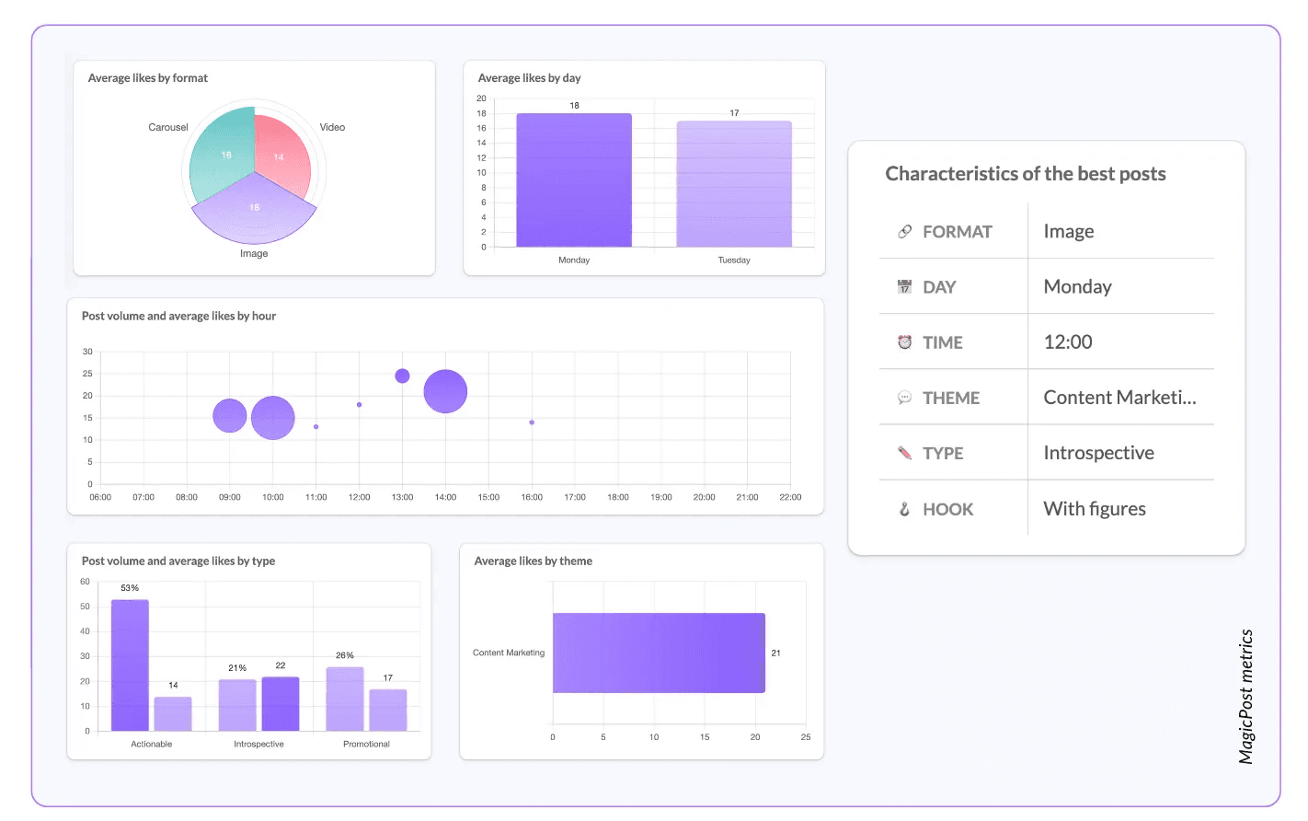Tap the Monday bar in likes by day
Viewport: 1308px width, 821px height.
(x=574, y=180)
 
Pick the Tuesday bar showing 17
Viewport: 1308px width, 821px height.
(x=734, y=184)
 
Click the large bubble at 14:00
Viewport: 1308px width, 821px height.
(x=445, y=391)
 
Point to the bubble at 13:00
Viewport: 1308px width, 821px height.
(x=402, y=376)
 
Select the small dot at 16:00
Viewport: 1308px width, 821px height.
(x=532, y=422)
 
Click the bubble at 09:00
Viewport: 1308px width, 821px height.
(x=229, y=415)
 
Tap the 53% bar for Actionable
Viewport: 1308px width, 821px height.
(x=131, y=665)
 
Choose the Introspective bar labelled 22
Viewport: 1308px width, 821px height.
(x=281, y=703)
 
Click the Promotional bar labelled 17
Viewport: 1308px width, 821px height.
(x=388, y=710)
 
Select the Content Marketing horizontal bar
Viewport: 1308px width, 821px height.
(x=659, y=653)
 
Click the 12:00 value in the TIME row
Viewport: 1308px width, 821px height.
(x=1068, y=341)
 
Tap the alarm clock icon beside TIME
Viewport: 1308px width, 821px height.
(x=904, y=341)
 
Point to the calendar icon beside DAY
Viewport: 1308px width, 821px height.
(x=904, y=286)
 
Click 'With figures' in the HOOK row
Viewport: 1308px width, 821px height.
(x=1095, y=508)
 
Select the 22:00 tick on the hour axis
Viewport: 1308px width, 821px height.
(x=790, y=497)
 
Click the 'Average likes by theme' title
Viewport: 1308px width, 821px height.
(x=534, y=561)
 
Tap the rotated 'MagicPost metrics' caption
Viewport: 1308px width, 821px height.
(x=1246, y=697)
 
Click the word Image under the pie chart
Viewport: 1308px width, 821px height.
(x=254, y=254)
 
